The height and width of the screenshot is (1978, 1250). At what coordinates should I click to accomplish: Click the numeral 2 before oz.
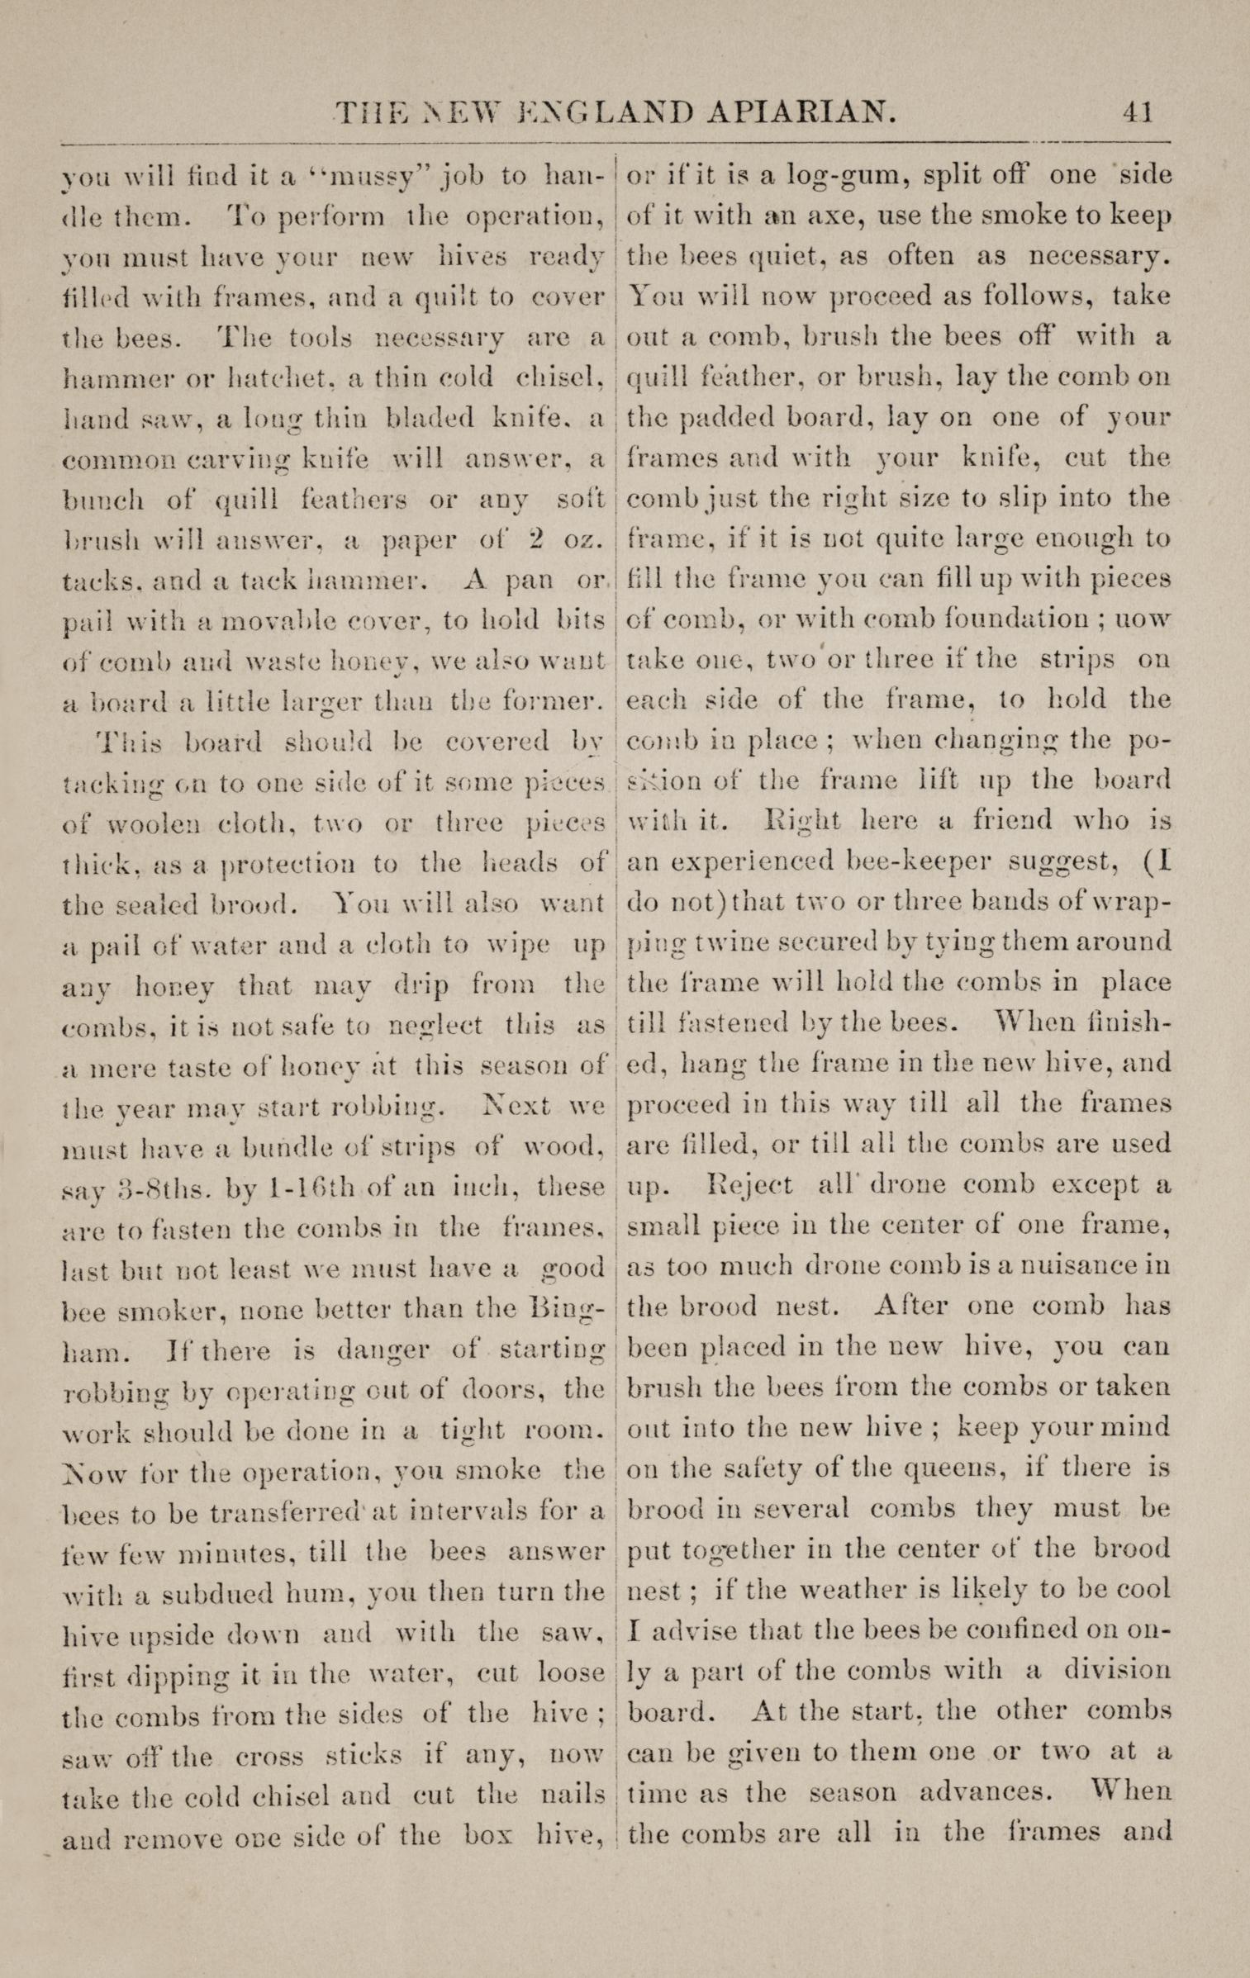click(538, 540)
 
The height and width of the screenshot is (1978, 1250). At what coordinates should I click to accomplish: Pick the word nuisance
click(1071, 1265)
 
